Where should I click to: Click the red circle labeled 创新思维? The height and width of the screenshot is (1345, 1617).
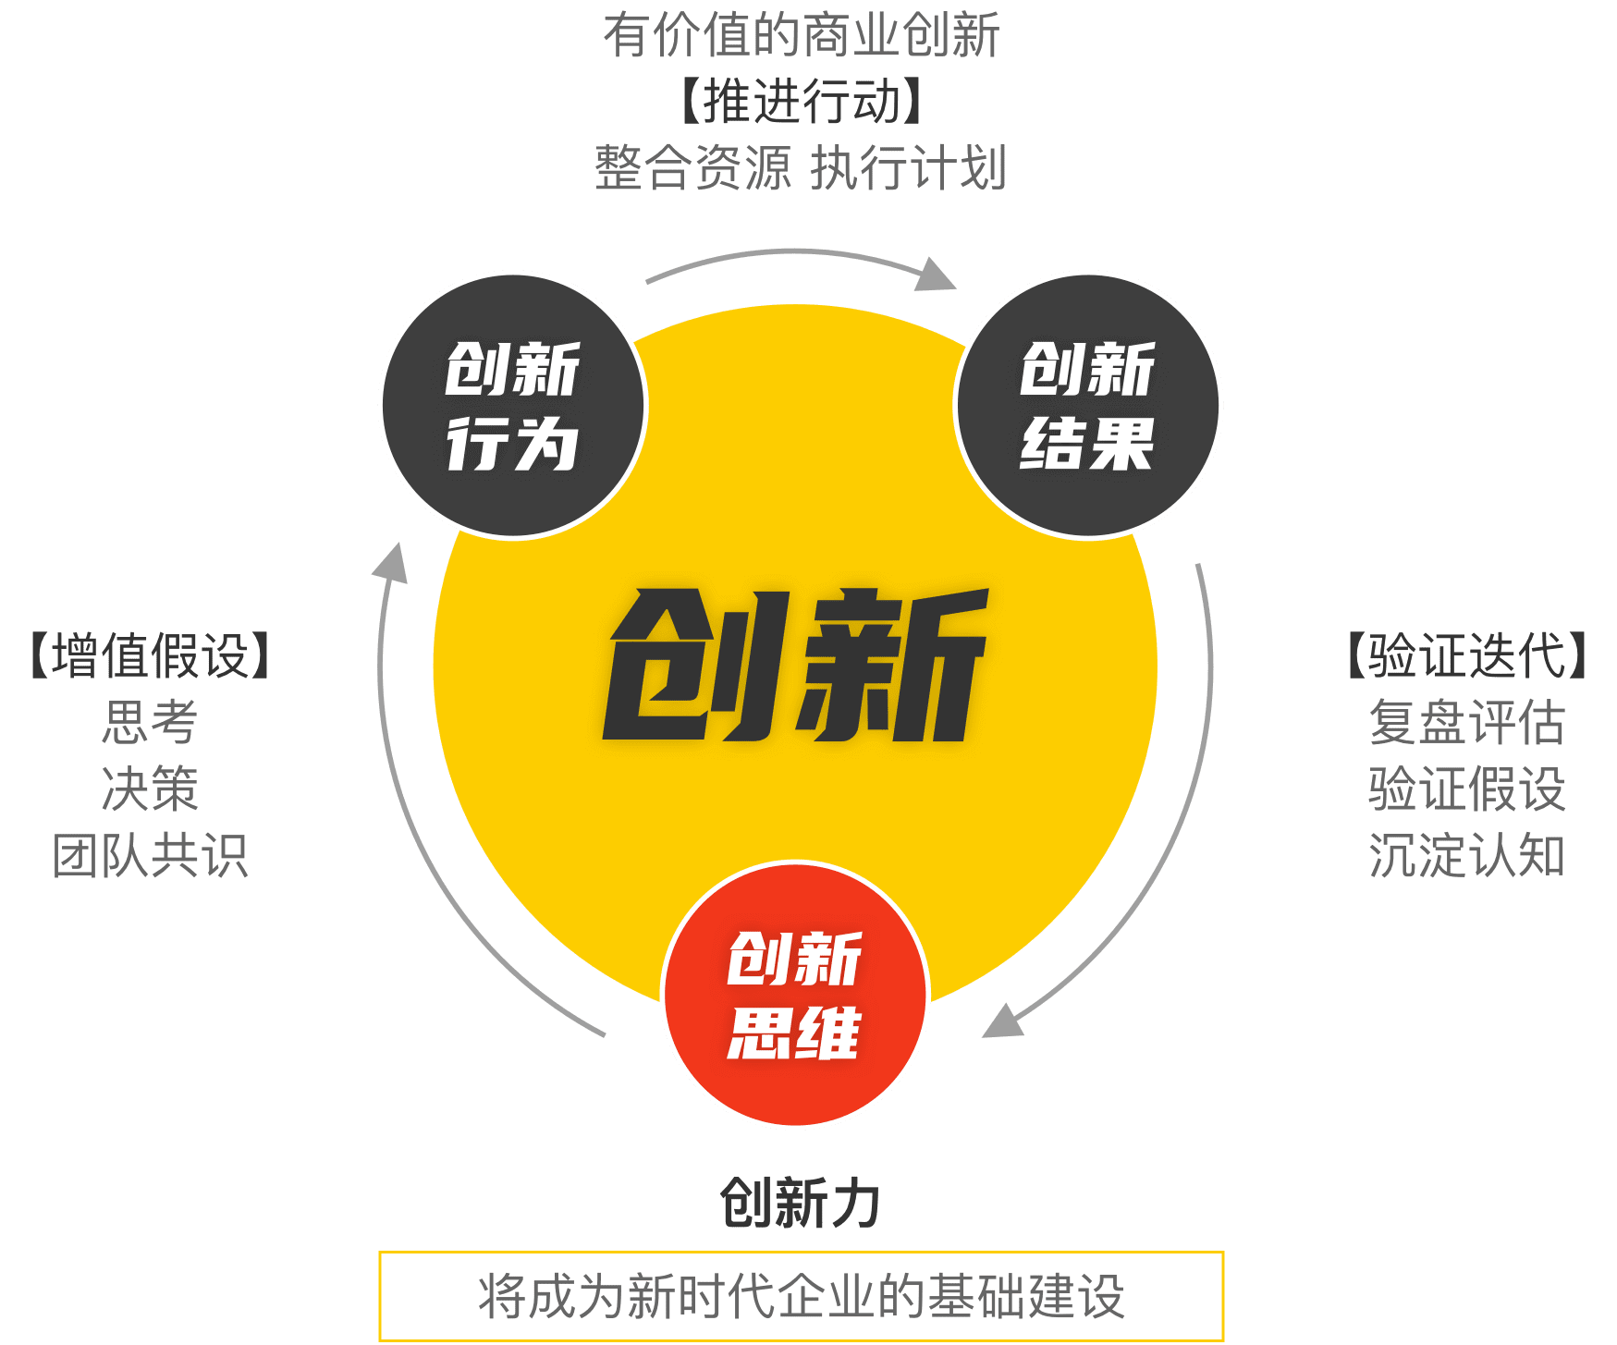(795, 995)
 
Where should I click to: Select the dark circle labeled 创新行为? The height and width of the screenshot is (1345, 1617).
(513, 405)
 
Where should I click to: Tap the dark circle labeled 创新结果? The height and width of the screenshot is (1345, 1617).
(1088, 405)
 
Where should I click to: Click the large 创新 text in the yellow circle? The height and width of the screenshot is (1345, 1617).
(795, 666)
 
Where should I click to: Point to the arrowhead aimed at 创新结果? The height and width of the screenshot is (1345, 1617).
(937, 275)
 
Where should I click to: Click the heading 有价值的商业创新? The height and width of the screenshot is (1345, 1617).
(801, 36)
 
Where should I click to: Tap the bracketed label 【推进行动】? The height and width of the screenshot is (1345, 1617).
(801, 102)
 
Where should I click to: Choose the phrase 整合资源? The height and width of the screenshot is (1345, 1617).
(692, 168)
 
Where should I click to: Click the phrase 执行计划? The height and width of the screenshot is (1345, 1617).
(908, 168)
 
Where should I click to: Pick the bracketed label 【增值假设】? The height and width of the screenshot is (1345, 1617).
(151, 656)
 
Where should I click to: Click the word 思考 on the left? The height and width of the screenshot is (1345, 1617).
(151, 722)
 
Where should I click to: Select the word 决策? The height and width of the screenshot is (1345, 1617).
(151, 789)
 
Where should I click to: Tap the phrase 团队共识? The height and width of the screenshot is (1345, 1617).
(151, 855)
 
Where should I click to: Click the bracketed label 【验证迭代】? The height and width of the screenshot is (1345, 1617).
(1467, 656)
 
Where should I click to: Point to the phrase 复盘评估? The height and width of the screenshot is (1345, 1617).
(1467, 722)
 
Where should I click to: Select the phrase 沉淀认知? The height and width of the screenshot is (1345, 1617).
(1467, 855)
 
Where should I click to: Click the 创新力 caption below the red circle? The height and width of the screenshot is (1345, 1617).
(800, 1204)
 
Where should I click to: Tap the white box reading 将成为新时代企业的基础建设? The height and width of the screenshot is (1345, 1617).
(801, 1296)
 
